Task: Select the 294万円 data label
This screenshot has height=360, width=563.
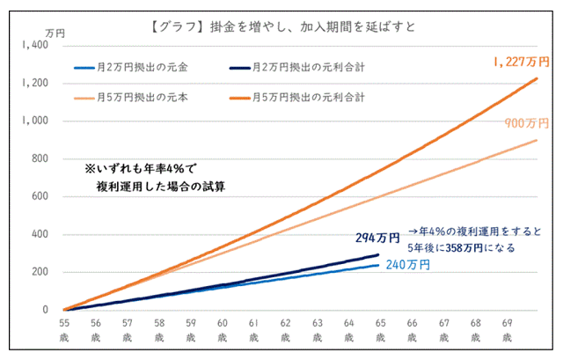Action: point(377,238)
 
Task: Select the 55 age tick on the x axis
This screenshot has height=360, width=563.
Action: point(64,325)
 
